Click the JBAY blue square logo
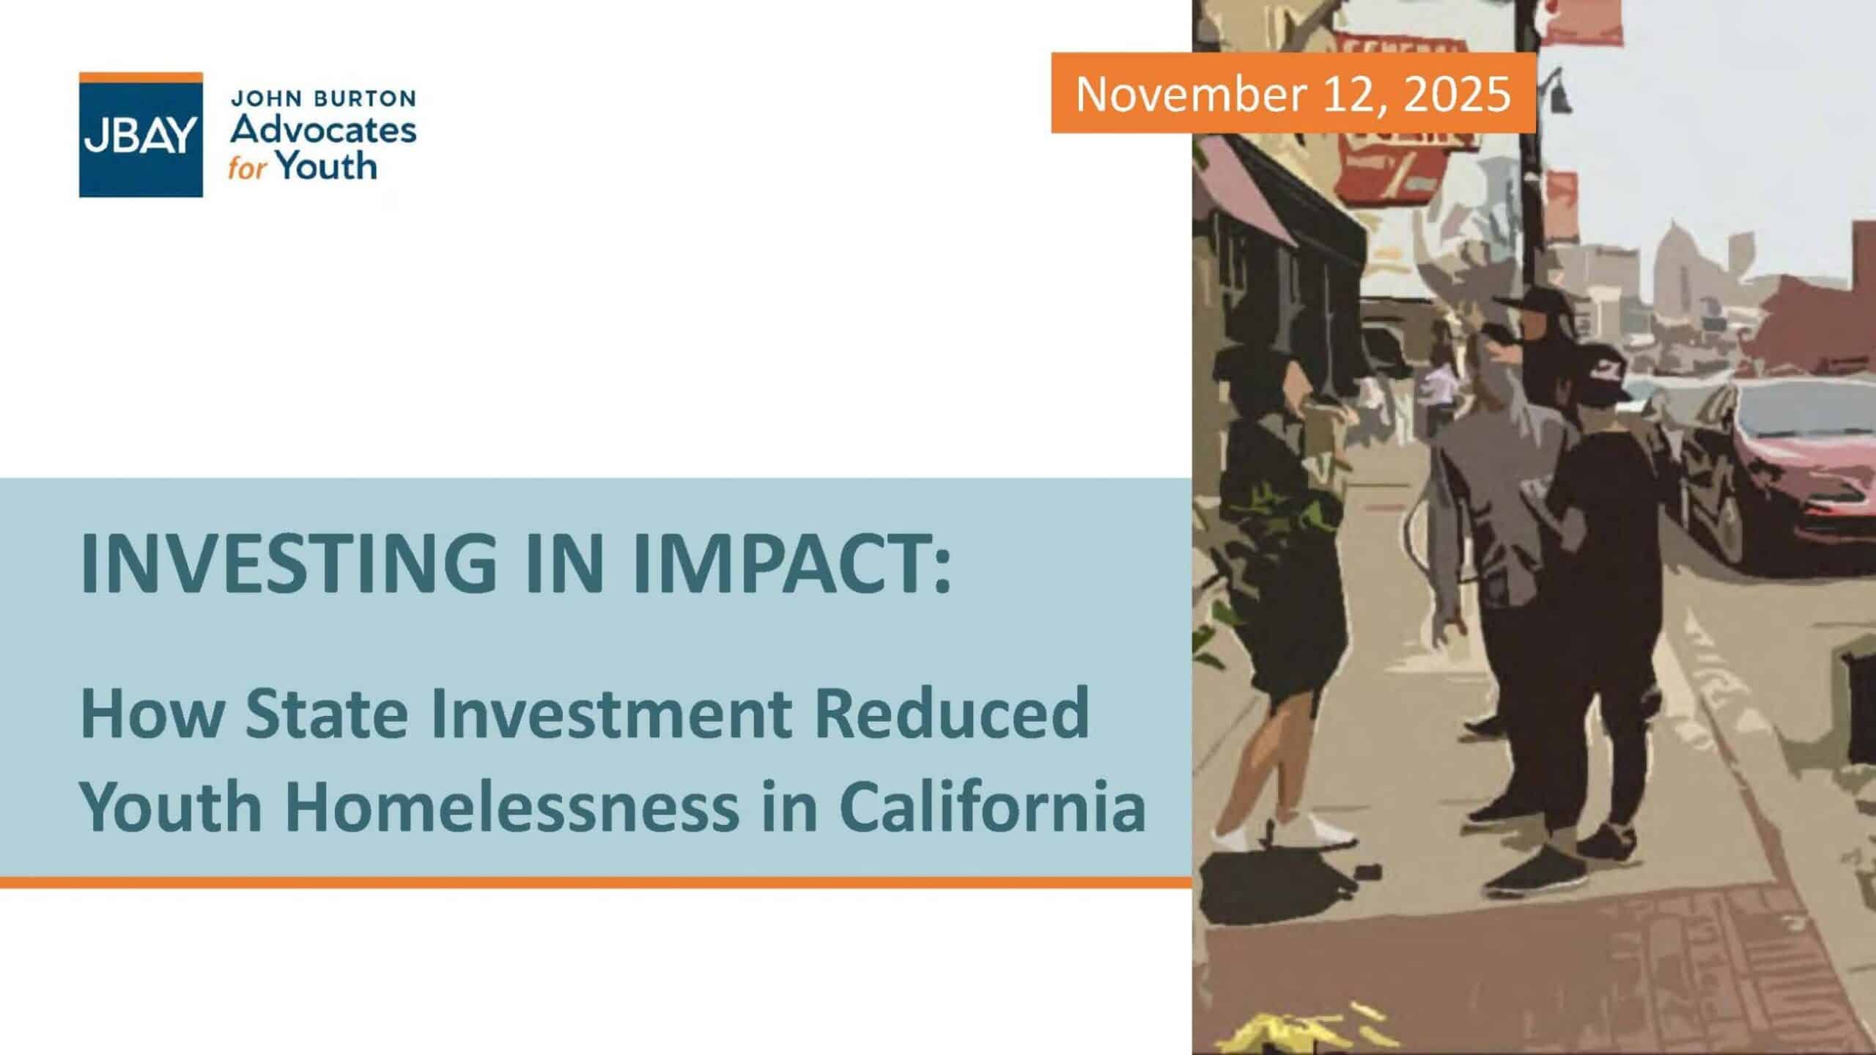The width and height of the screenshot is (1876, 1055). pos(141,135)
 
